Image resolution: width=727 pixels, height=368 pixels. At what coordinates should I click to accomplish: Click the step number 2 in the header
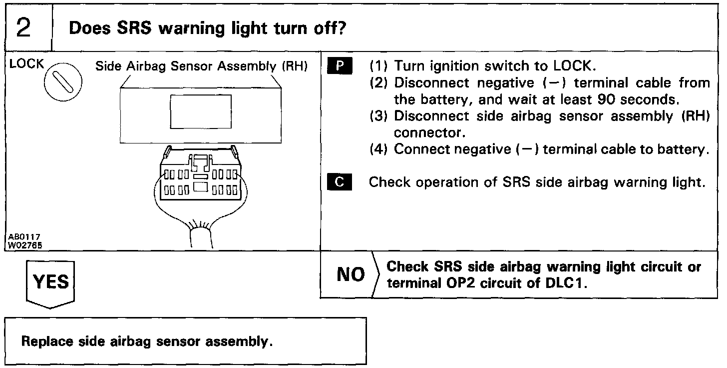(x=24, y=28)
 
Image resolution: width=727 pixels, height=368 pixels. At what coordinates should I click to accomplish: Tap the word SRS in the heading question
(x=134, y=28)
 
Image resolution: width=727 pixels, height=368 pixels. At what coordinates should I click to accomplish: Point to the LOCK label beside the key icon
(x=26, y=64)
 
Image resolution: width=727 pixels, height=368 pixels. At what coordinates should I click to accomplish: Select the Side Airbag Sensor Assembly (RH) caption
(x=201, y=66)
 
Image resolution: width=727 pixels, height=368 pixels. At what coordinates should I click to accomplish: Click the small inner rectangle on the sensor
(x=201, y=111)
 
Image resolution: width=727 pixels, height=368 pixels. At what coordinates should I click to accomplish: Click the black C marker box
(x=340, y=182)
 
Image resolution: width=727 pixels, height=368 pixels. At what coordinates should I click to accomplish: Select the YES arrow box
(x=50, y=283)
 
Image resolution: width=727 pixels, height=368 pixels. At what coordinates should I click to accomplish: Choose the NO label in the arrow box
(x=351, y=274)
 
